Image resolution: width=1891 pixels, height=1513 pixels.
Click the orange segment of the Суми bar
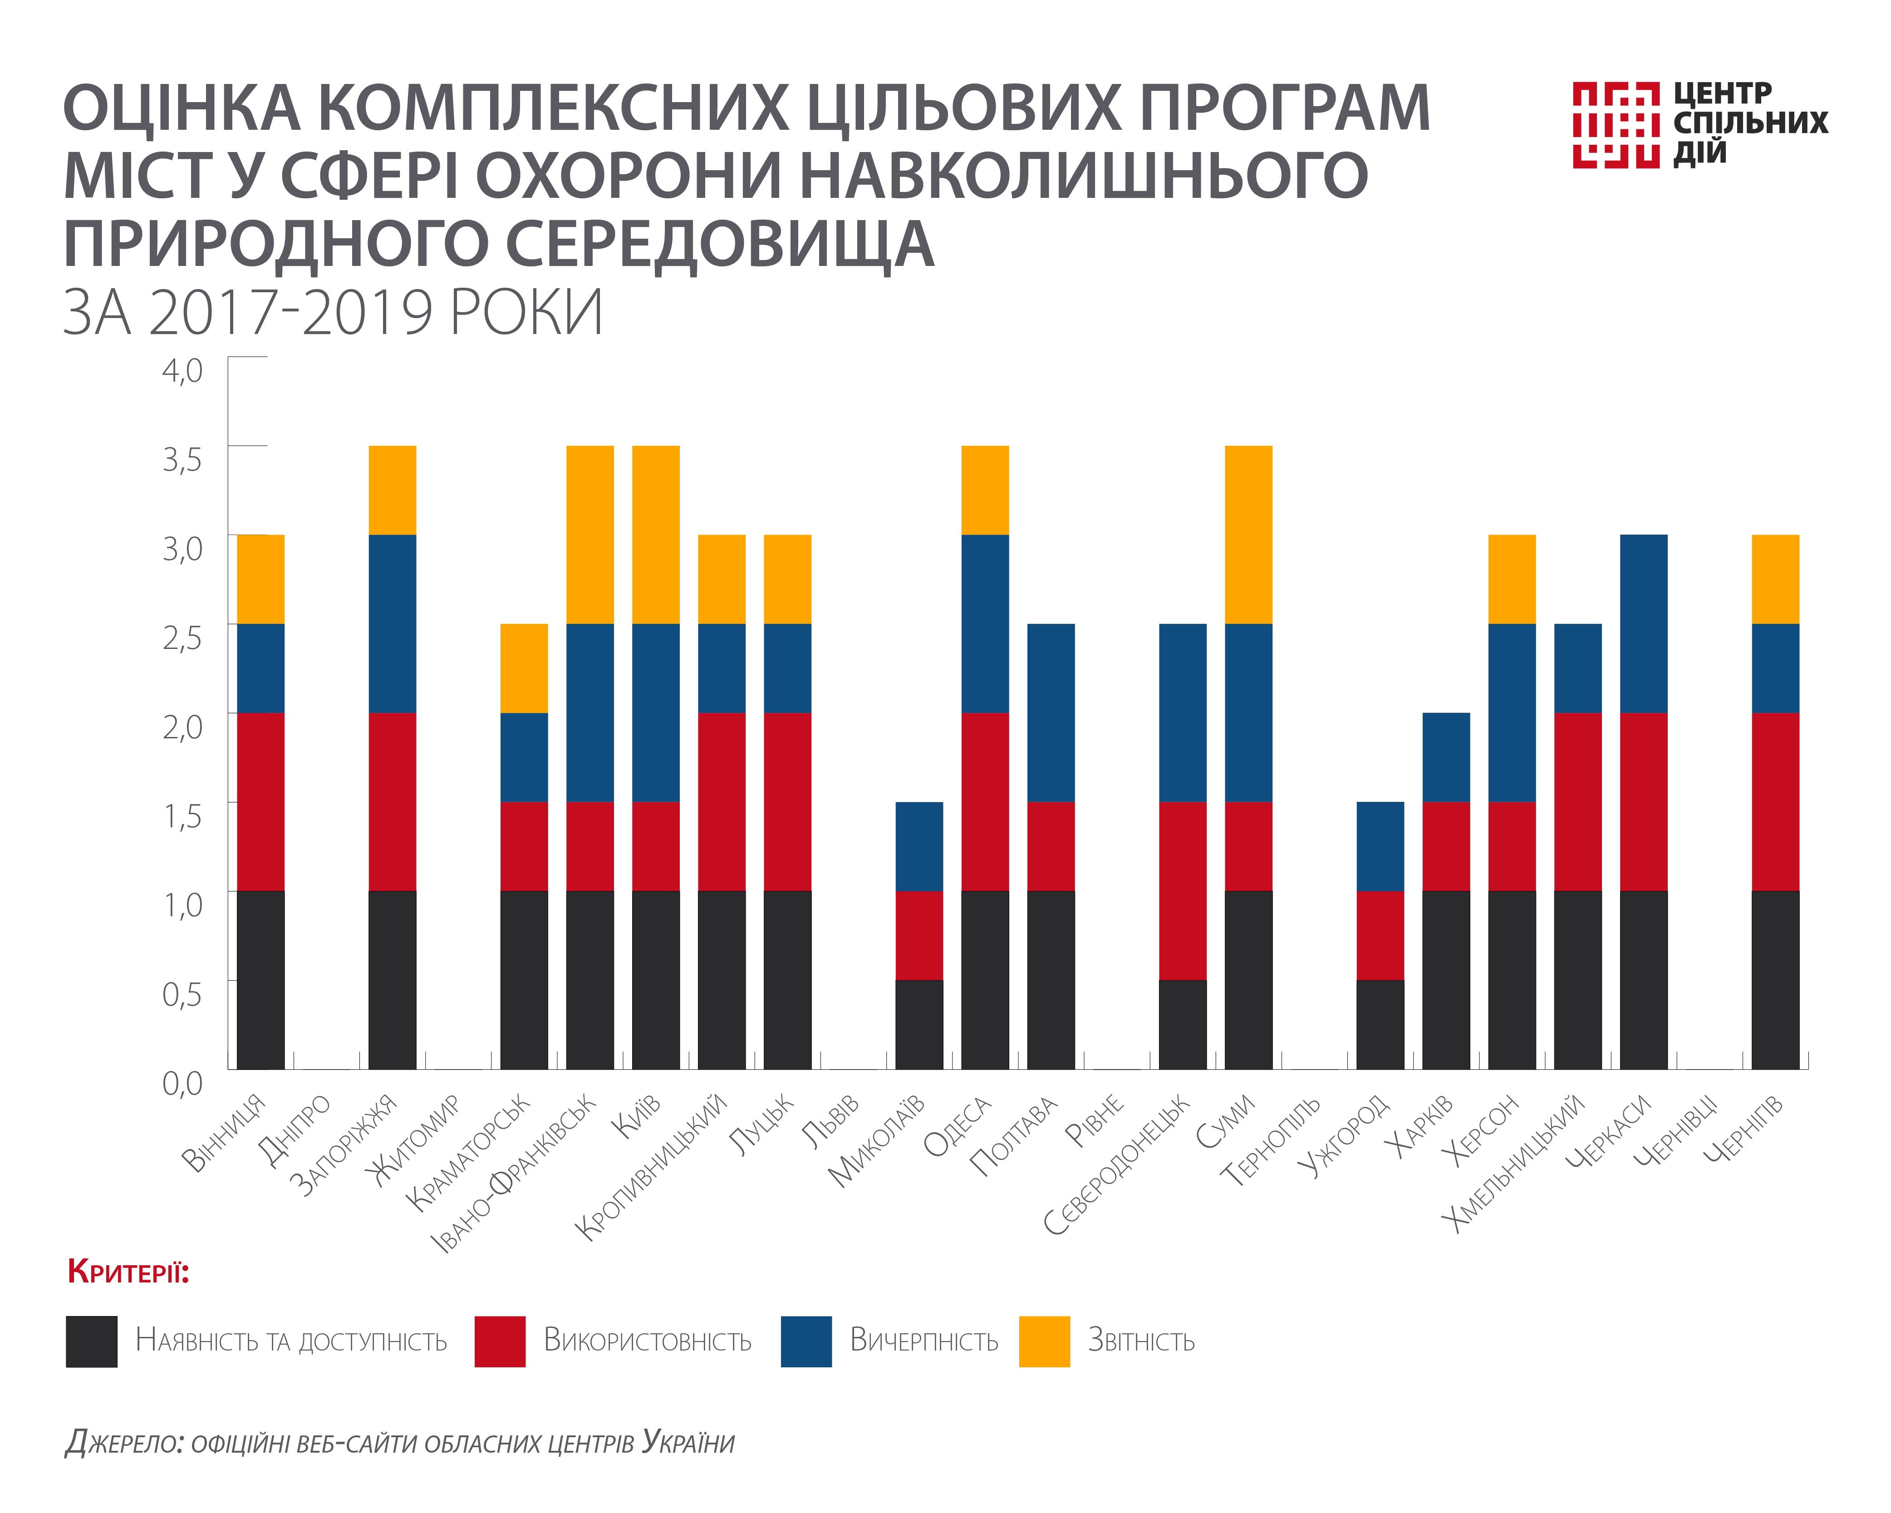(1248, 535)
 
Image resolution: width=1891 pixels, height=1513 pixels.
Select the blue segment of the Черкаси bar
(1643, 624)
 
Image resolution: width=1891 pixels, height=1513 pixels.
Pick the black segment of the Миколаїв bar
(919, 1024)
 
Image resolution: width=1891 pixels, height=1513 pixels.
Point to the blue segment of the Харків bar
(1445, 757)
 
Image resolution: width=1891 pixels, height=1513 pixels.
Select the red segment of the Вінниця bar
(260, 802)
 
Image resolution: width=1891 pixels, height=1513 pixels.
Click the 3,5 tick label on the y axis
(182, 459)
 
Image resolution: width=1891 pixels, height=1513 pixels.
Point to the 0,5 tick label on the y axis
(182, 994)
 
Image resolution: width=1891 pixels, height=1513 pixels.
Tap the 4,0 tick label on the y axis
(182, 370)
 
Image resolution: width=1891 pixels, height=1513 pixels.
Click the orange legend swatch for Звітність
(1044, 1341)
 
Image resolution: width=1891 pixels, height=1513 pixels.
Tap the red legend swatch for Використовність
(500, 1341)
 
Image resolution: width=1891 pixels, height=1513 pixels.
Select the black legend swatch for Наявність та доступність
(91, 1341)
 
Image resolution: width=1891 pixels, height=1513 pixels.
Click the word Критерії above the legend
(128, 1272)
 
